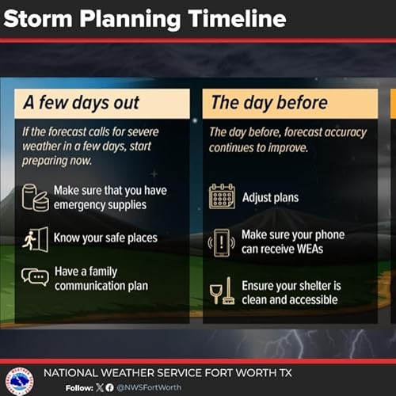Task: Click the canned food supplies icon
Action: coord(35,198)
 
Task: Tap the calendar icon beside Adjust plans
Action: coord(222,196)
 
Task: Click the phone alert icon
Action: coord(222,241)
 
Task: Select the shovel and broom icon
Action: coord(221,291)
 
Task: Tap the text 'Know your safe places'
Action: coord(105,238)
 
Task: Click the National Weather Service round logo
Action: coord(19,380)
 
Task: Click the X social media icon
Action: coord(99,388)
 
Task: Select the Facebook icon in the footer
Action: coord(110,388)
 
